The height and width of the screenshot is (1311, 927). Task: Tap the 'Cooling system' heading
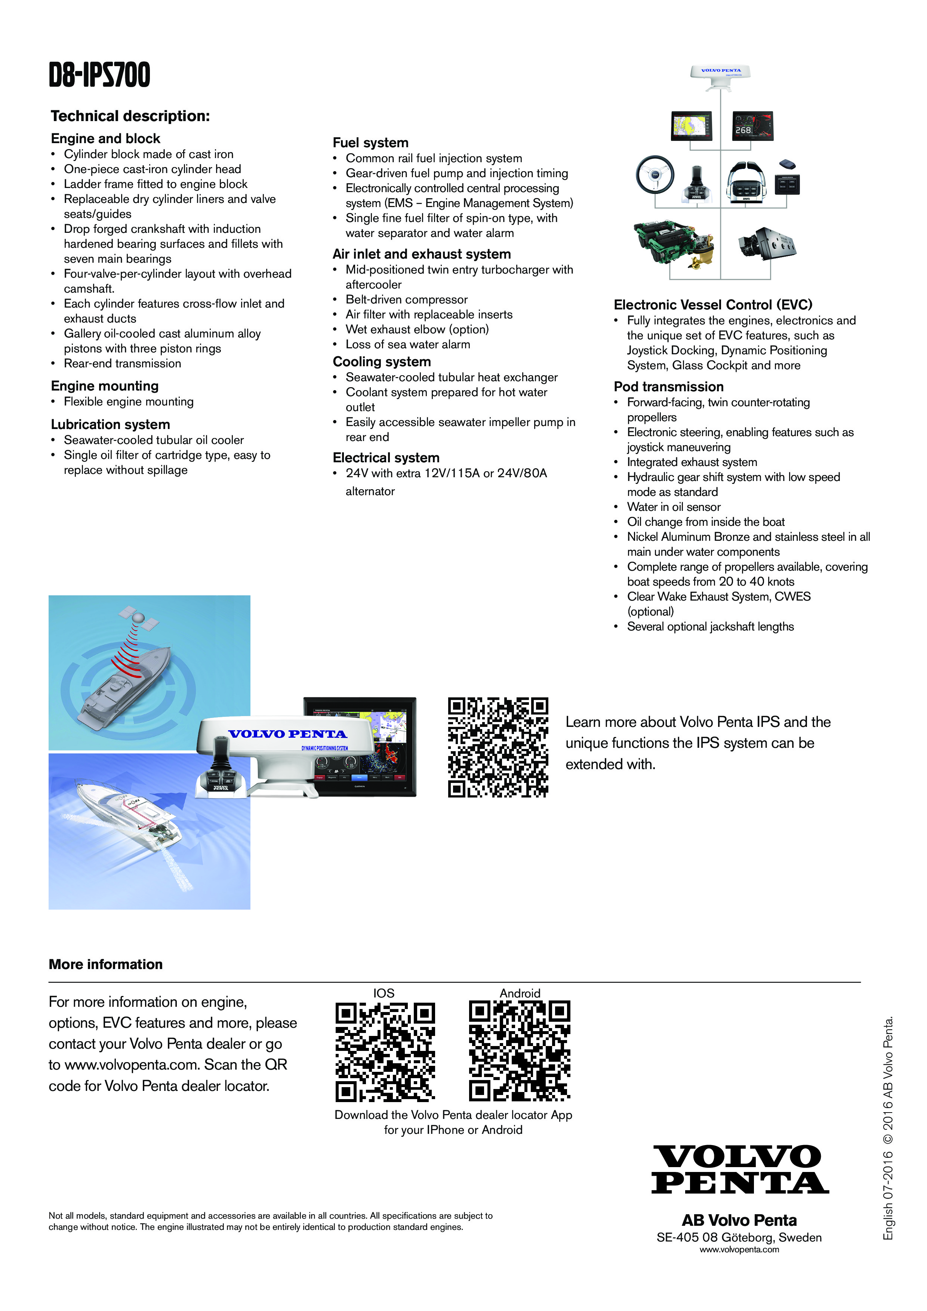click(x=382, y=361)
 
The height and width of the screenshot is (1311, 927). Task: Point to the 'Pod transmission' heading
click(x=668, y=386)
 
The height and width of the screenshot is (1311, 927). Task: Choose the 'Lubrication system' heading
click(x=110, y=424)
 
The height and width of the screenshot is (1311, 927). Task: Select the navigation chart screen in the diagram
click(x=692, y=126)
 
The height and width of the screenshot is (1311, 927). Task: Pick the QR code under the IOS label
click(x=385, y=1052)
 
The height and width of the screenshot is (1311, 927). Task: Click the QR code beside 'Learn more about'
click(x=498, y=747)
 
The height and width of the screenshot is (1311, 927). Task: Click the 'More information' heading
click(x=106, y=965)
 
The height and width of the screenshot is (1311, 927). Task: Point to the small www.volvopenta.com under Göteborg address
click(x=739, y=1249)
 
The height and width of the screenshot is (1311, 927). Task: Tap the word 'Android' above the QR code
click(x=520, y=993)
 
